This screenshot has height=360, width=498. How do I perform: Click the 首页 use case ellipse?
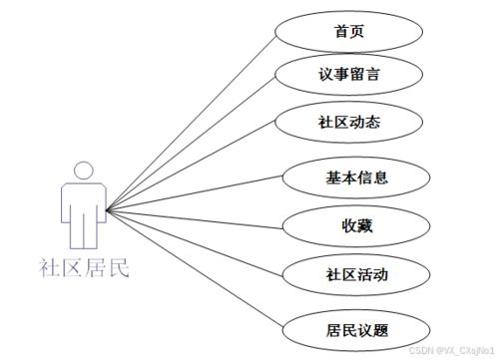349,30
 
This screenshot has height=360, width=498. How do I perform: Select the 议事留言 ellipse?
349,75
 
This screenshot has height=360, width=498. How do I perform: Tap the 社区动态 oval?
349,123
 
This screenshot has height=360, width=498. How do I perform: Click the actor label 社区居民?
84,267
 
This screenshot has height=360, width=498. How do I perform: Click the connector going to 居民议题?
200,269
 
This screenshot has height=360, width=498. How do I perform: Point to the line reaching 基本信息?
200,194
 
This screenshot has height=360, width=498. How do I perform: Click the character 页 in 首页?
357,30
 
